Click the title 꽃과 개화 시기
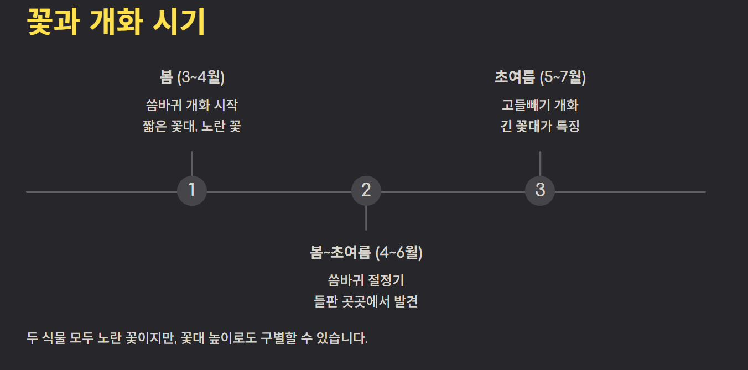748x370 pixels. tap(116, 23)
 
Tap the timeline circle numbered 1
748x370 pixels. tap(191, 190)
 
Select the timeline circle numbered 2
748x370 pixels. tap(366, 190)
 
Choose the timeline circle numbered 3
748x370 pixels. tap(539, 190)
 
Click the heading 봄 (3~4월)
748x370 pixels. tap(191, 77)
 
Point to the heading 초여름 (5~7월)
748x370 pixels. tap(539, 77)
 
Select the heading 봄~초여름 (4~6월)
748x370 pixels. tap(366, 252)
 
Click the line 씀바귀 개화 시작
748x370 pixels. tap(191, 105)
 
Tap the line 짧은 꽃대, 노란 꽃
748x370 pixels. tap(191, 127)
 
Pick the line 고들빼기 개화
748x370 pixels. tap(539, 105)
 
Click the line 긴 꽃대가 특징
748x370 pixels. tap(539, 127)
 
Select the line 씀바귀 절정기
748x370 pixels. tap(366, 280)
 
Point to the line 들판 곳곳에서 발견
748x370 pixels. tap(366, 302)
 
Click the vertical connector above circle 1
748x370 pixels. tap(191, 163)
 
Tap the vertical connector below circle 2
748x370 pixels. tap(366, 218)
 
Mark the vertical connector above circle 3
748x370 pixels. tap(539, 163)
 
